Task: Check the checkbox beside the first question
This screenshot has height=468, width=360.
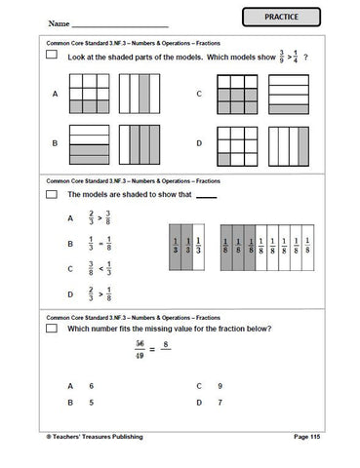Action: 51,58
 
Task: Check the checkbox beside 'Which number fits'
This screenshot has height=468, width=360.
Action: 51,329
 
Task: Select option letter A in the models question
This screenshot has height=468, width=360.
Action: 56,94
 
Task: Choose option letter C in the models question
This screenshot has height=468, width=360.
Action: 198,94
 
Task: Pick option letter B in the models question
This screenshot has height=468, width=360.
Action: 56,142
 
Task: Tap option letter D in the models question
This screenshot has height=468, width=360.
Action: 198,142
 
